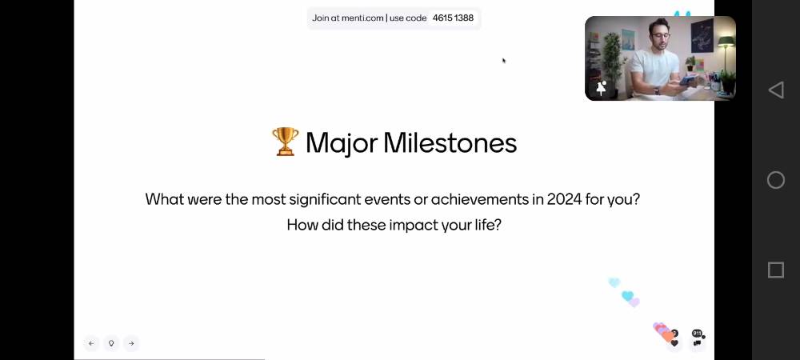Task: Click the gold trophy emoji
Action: pos(286,142)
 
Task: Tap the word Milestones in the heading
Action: pos(450,142)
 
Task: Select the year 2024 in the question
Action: pos(564,199)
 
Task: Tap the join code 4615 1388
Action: pos(453,18)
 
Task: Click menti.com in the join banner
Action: pos(362,18)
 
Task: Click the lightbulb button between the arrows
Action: pos(111,343)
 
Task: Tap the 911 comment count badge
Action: pos(697,334)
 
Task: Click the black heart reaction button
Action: pos(674,343)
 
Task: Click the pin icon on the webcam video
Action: pos(601,88)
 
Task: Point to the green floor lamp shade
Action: pos(726,41)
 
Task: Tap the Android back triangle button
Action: pos(775,90)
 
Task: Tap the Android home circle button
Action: pos(775,180)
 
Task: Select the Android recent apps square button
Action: pos(775,270)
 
